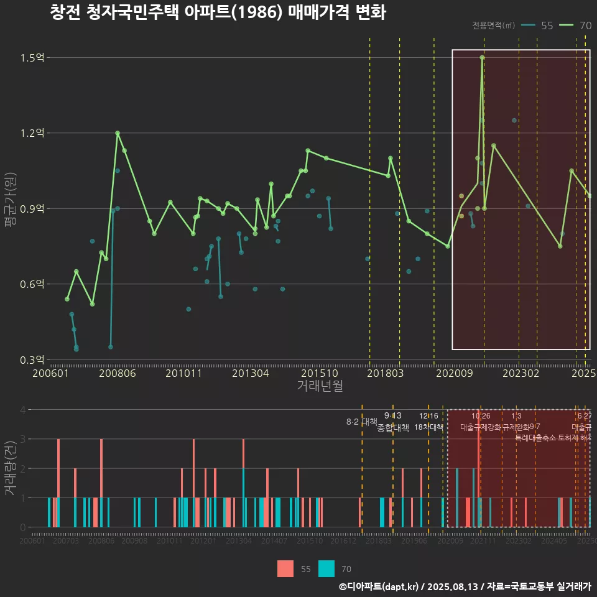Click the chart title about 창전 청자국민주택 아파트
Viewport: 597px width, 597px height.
point(218,13)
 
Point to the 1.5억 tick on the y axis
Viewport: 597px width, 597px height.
point(33,58)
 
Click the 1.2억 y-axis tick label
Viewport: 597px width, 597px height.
point(33,133)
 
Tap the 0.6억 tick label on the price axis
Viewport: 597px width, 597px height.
point(33,284)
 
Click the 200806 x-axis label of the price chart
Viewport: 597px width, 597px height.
point(118,373)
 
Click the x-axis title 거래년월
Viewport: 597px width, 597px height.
point(320,386)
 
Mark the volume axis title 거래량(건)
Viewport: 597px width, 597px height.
point(11,468)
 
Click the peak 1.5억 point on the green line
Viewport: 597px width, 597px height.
point(482,57)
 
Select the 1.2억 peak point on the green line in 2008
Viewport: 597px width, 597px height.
point(117,132)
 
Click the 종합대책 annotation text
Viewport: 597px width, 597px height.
point(393,428)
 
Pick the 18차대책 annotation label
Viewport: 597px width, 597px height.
point(428,427)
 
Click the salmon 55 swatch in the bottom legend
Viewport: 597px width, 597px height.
point(285,568)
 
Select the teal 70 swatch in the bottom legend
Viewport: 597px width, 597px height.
point(326,568)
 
